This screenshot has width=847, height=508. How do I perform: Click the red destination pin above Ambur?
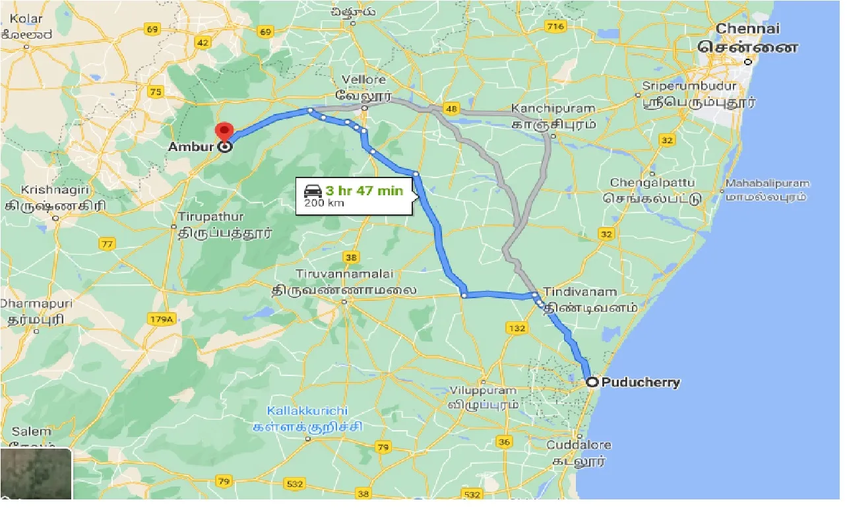tap(226, 131)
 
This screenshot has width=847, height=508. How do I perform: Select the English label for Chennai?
tap(747, 28)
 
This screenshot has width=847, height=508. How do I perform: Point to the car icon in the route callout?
tap(313, 191)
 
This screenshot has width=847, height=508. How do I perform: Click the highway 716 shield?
tap(556, 26)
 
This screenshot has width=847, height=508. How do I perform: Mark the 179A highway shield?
tap(160, 320)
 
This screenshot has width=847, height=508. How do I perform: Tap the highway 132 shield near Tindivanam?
tap(516, 328)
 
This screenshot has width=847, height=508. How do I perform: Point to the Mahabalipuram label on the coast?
tap(767, 183)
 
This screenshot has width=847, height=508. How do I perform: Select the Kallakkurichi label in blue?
tap(307, 410)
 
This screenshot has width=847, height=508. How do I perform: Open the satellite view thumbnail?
tap(36, 474)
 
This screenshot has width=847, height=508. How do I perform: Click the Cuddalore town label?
tap(579, 445)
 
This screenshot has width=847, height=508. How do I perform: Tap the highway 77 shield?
tap(106, 244)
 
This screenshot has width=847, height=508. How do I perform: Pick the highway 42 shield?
tap(203, 43)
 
